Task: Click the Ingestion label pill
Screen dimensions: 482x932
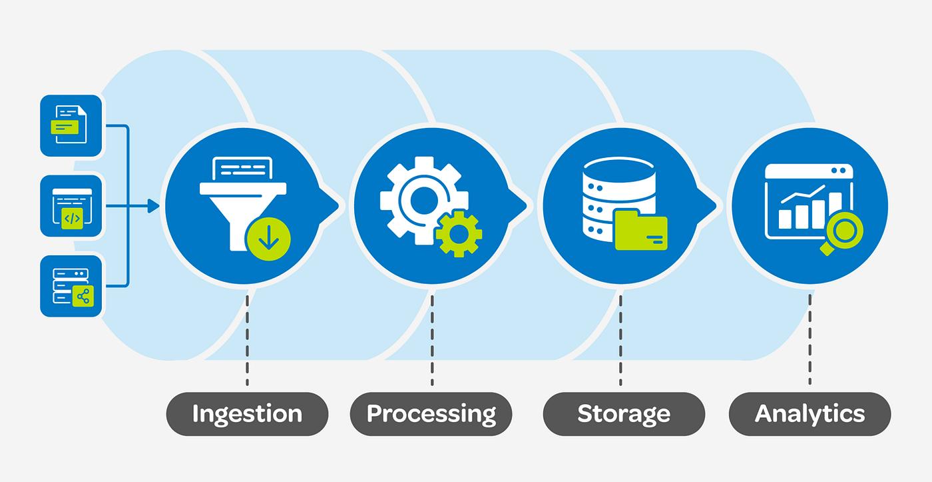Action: click(247, 413)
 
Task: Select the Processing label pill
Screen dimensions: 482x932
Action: click(431, 413)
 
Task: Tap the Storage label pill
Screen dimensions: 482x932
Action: click(624, 413)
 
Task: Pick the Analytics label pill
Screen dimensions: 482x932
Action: click(810, 413)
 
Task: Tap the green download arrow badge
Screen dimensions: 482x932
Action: click(268, 238)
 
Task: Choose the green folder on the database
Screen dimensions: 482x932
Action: click(641, 230)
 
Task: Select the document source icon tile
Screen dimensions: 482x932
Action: click(71, 125)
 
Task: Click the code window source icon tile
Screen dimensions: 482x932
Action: click(71, 205)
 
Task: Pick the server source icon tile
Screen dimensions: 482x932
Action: click(71, 285)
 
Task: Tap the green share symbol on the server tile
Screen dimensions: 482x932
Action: click(83, 296)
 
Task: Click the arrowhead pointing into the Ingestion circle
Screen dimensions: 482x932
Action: click(154, 206)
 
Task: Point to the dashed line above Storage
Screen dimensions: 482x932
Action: click(620, 340)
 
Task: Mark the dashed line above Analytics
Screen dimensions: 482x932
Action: click(810, 340)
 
